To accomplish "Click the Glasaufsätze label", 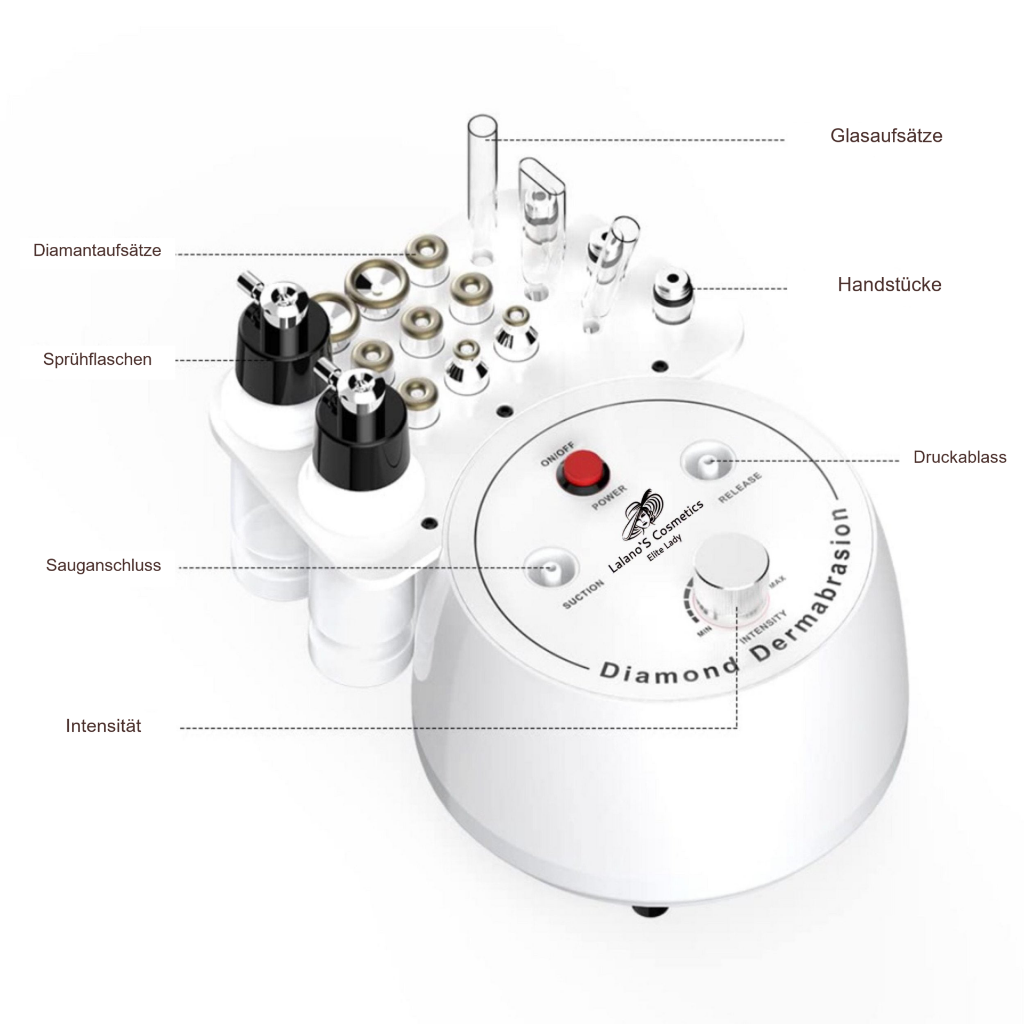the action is (886, 136).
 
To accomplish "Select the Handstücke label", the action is (889, 284).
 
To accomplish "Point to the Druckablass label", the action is (959, 457).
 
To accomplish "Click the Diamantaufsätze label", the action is (97, 250).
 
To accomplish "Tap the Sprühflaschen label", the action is (97, 359).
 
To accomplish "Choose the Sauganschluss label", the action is (103, 565).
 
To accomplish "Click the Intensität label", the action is (103, 726).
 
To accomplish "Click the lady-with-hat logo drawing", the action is (643, 515).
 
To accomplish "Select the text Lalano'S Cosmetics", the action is (656, 536).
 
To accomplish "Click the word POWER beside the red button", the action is (610, 498).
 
